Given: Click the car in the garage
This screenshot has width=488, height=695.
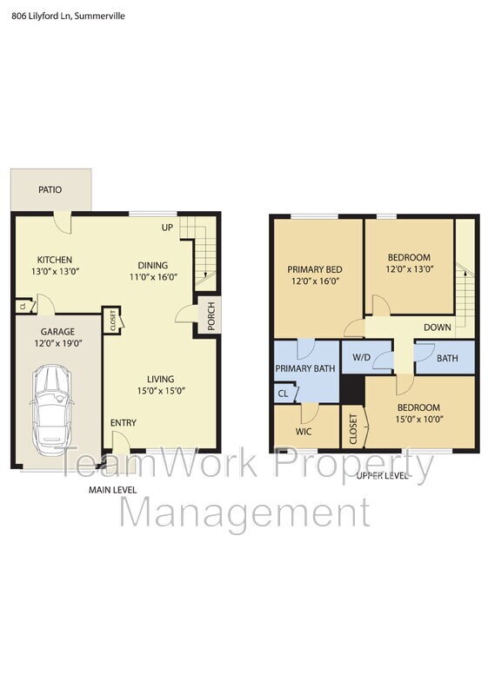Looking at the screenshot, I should [x=52, y=407].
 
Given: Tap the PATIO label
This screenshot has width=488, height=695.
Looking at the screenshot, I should [x=50, y=189].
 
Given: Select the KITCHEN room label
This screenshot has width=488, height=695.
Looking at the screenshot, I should [x=54, y=260].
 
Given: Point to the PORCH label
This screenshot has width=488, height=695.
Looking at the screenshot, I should [x=211, y=315].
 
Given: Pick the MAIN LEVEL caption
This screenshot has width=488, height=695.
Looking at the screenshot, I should [x=112, y=490].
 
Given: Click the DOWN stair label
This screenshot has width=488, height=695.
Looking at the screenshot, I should [x=437, y=328].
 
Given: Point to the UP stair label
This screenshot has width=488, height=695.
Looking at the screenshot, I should [x=168, y=228].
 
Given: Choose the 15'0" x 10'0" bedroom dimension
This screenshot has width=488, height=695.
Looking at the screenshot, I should [x=418, y=420].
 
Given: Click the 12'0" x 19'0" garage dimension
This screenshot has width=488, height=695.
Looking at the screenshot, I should [x=57, y=344].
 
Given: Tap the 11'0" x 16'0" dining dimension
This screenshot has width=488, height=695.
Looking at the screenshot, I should [x=153, y=278].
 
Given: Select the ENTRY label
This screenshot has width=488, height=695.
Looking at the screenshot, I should [x=123, y=423].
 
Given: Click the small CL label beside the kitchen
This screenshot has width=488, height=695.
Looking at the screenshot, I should [x=21, y=306].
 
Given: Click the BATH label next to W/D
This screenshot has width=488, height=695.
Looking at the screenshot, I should [x=447, y=357].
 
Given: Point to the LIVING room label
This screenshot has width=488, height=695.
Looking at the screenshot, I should [x=160, y=379].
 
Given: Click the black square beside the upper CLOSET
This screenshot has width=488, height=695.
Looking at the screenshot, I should [x=351, y=392].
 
